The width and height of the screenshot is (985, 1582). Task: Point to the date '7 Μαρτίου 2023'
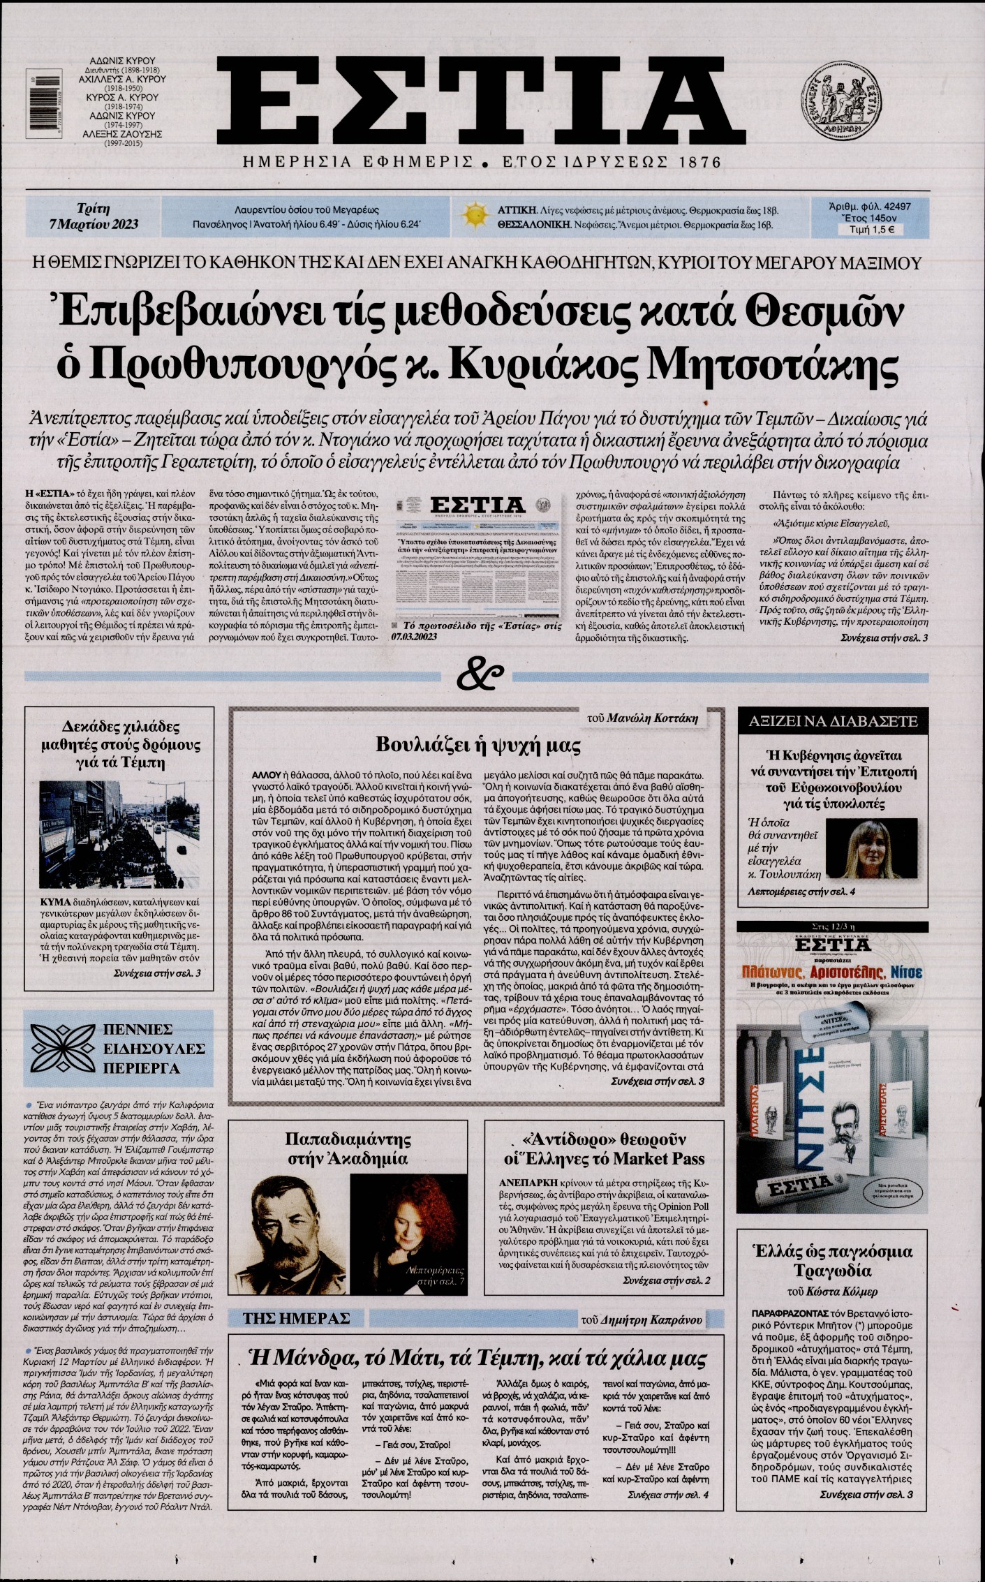coord(93,223)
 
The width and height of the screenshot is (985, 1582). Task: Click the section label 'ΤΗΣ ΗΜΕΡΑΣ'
coord(296,1318)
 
